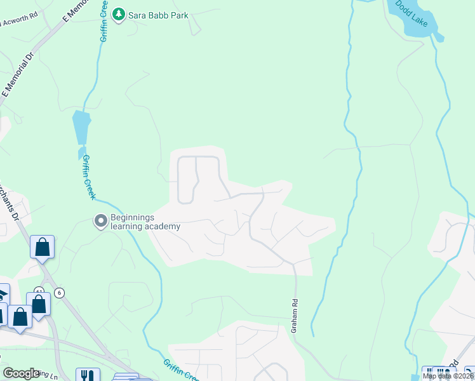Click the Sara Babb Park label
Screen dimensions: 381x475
(159, 15)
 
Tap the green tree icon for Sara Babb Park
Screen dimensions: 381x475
(118, 14)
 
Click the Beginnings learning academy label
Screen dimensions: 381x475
(145, 222)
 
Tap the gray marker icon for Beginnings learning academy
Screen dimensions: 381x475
(100, 222)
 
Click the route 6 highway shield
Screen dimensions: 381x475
(59, 293)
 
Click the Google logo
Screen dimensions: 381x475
(21, 373)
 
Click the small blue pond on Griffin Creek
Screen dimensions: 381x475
(81, 128)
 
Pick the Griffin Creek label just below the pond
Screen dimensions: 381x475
(89, 177)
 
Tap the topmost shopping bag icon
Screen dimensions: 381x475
(42, 247)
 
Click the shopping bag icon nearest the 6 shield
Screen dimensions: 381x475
(39, 304)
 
